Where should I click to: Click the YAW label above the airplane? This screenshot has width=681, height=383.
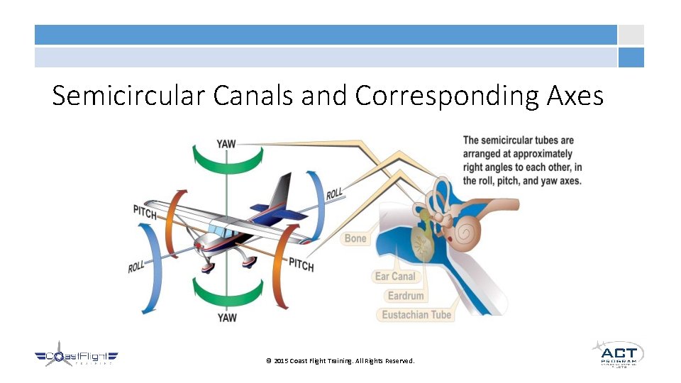226,144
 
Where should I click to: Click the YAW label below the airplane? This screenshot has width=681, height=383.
227,318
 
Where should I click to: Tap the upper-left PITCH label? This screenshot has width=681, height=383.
145,211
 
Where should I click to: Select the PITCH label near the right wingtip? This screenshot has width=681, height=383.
301,264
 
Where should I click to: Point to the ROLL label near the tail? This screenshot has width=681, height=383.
335,193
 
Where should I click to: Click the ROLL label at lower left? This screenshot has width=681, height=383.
137,267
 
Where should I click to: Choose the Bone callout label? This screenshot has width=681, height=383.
355,238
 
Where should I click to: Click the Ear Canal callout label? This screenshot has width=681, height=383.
395,276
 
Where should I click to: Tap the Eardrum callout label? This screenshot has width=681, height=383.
406,295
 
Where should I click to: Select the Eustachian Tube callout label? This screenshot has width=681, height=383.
416,314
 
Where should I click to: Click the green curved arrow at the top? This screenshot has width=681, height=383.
227,159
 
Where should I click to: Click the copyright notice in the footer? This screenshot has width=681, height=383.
340,361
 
